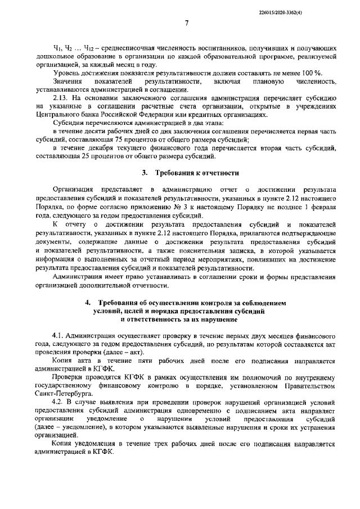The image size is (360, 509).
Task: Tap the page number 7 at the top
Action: coord(186,23)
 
